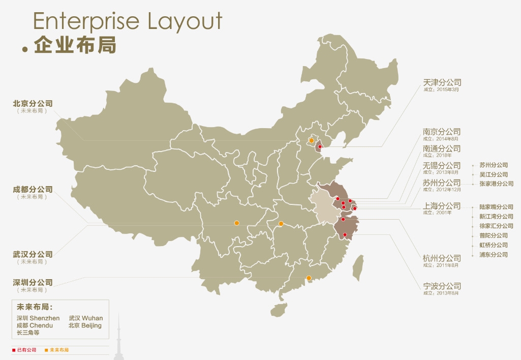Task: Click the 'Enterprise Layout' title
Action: [128, 21]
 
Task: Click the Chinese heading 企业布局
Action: [75, 45]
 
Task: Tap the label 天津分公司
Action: [442, 82]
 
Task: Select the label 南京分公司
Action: [442, 132]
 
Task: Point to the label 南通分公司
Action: [442, 148]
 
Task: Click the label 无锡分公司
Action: [442, 165]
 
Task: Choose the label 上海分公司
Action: [442, 206]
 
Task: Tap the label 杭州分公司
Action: [442, 258]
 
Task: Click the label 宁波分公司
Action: [442, 286]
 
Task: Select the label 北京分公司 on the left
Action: [33, 103]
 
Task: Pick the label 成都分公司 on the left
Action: [33, 189]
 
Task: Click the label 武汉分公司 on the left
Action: [33, 254]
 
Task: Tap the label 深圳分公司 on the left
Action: [33, 282]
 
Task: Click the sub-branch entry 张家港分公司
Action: [496, 184]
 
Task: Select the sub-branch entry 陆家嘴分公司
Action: [496, 207]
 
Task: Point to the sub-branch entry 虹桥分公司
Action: [493, 245]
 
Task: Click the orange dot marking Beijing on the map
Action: [312, 140]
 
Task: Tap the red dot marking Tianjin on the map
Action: [320, 147]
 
